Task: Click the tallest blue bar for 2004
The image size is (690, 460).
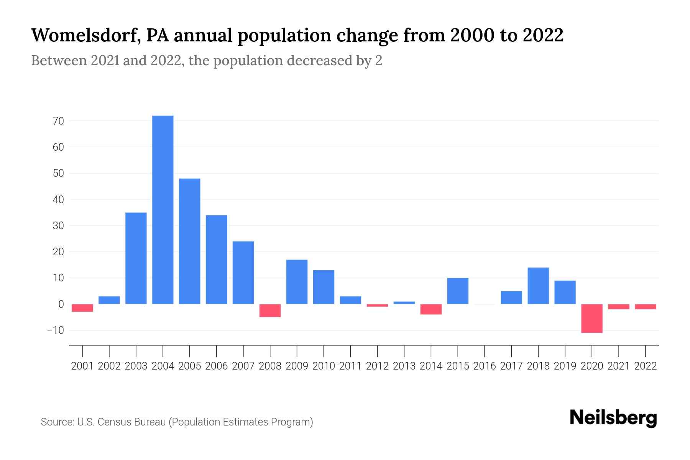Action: [163, 210]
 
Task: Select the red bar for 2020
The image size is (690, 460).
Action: [592, 318]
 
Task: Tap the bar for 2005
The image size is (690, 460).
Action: [190, 241]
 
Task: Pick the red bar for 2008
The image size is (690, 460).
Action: [270, 310]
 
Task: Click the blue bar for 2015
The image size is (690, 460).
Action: [458, 291]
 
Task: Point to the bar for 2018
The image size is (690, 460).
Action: [538, 286]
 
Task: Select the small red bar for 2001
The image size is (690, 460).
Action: [82, 308]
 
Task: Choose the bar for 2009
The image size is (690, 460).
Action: [297, 282]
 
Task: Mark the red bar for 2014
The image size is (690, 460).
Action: [431, 309]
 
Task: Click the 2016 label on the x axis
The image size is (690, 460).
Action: [485, 366]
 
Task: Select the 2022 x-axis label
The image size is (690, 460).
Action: [646, 366]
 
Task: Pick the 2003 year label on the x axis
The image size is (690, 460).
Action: [136, 366]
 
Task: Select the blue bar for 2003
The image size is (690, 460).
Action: [136, 258]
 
